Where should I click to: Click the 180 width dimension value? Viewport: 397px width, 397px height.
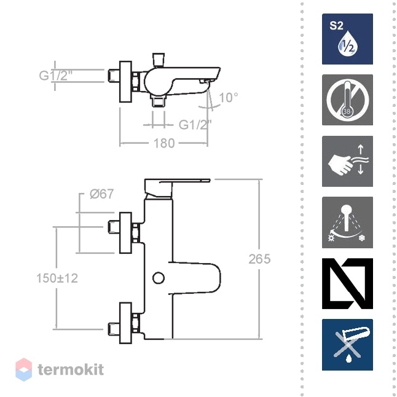click(x=164, y=143)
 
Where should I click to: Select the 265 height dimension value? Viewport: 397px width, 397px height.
click(x=259, y=259)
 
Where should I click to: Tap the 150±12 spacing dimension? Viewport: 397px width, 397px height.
click(x=57, y=278)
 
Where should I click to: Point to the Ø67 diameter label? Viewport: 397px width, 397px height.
click(x=102, y=194)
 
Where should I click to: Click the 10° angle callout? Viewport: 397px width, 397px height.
click(x=229, y=98)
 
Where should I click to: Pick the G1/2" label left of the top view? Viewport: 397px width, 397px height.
click(x=56, y=76)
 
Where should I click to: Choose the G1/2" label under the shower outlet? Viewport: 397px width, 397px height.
click(x=195, y=125)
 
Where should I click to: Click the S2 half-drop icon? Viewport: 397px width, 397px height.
click(x=347, y=39)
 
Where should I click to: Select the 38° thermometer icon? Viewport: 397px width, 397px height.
click(x=347, y=100)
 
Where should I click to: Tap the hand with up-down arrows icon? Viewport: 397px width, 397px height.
click(x=347, y=161)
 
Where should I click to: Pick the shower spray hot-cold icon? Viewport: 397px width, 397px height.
click(x=347, y=222)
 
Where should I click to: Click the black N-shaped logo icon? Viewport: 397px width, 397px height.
click(x=347, y=283)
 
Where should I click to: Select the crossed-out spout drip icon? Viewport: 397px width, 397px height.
click(x=347, y=345)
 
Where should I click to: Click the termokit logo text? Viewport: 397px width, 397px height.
click(x=71, y=370)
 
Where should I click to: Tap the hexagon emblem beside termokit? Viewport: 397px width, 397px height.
click(x=24, y=370)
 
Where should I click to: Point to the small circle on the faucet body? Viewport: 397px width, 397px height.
click(x=159, y=278)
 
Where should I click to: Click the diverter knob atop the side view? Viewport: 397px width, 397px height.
click(x=159, y=59)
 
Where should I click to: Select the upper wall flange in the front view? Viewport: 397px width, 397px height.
click(x=125, y=233)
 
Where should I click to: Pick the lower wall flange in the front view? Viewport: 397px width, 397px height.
click(x=125, y=323)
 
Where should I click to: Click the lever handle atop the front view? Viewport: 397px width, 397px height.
click(x=177, y=187)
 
